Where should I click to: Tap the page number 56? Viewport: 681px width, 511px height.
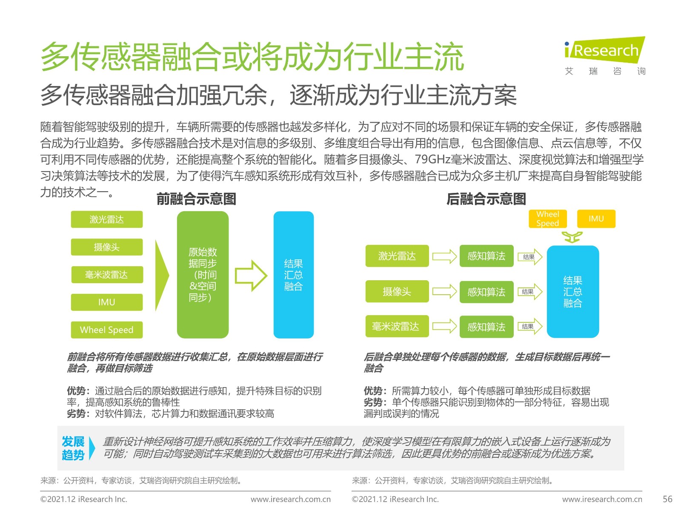[667, 499]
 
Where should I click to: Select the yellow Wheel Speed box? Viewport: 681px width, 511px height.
[548, 219]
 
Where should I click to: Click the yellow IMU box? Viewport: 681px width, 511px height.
[596, 219]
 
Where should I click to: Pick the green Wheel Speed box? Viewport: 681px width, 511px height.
[107, 330]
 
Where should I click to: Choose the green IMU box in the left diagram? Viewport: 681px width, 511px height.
[107, 302]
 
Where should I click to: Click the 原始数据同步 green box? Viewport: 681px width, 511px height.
[203, 275]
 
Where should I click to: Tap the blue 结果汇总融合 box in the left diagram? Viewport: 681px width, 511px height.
[294, 275]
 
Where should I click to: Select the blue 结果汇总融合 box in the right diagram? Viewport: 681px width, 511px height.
[573, 292]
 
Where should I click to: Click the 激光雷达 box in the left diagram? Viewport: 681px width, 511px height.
[107, 219]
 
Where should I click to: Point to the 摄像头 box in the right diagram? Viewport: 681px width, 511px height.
[397, 291]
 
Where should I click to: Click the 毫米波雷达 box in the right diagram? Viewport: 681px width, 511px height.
[397, 326]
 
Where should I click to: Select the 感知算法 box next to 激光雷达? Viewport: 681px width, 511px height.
[486, 256]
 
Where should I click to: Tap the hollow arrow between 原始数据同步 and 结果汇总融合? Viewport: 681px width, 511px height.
[251, 276]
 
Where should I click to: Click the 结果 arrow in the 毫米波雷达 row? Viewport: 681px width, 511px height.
[530, 326]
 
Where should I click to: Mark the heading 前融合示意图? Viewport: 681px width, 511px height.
[196, 199]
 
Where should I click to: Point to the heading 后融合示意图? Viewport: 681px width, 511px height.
[486, 199]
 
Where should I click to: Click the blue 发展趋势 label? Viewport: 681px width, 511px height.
[73, 448]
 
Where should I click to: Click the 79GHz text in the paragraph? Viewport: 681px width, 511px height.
[432, 159]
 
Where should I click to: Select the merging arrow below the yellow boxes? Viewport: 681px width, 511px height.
[572, 236]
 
